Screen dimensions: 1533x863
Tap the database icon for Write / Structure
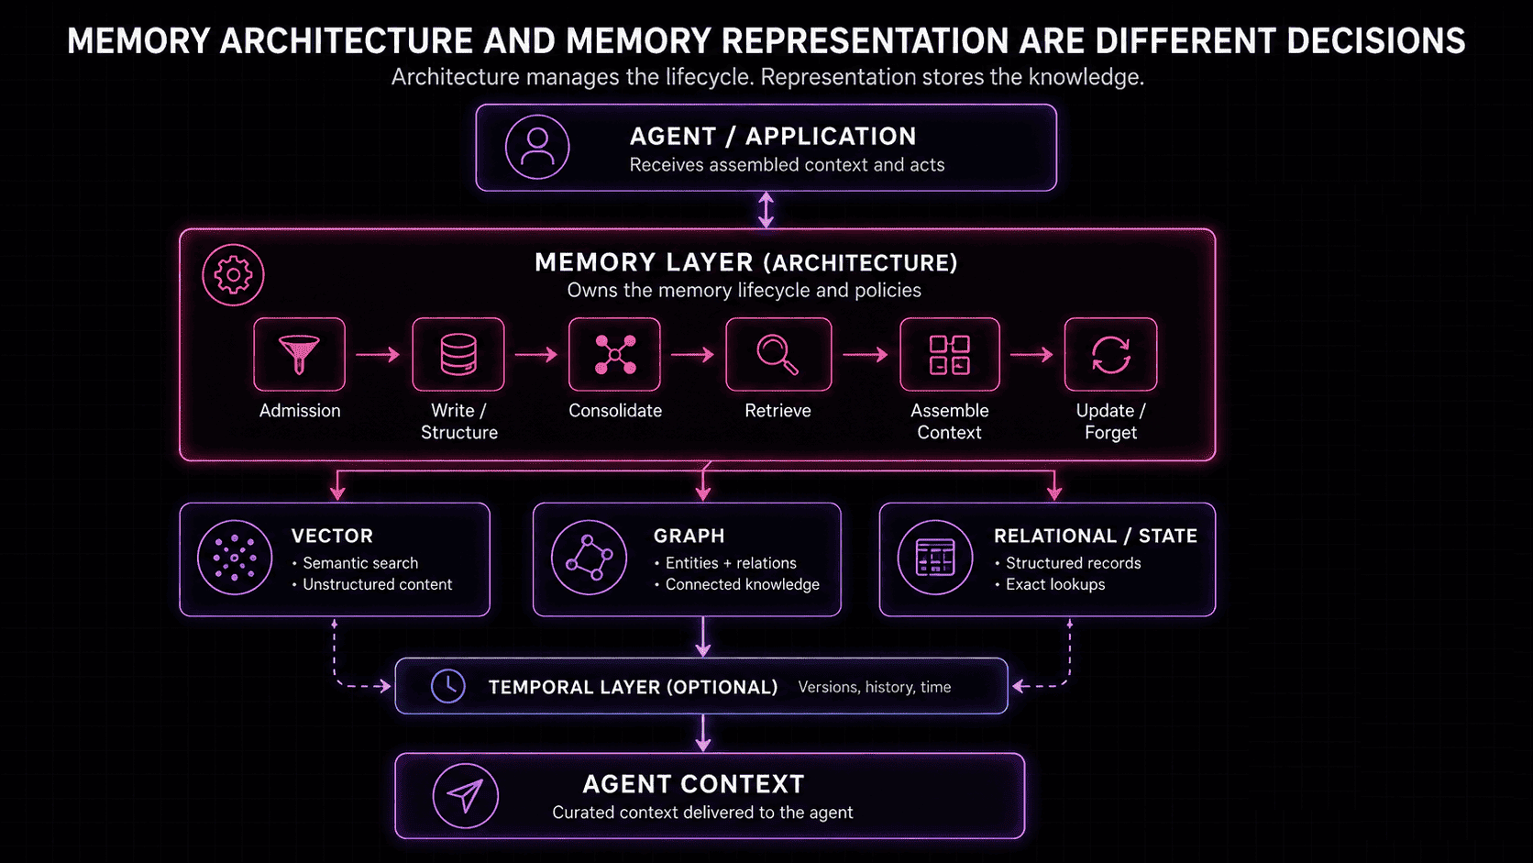tap(458, 354)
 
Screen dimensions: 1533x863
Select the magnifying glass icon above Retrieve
tap(778, 354)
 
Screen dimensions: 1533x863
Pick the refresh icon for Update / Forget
tap(1110, 354)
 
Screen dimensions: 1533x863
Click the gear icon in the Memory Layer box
tap(233, 275)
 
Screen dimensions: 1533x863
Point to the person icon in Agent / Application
tap(537, 147)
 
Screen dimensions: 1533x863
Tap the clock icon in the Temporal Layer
tap(448, 686)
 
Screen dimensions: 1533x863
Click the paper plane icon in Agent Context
tap(466, 796)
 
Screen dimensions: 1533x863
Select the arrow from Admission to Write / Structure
tap(378, 354)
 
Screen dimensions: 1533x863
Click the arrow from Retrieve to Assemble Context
tap(865, 354)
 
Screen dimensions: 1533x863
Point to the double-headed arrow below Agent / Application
tap(766, 209)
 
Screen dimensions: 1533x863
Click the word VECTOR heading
tap(332, 536)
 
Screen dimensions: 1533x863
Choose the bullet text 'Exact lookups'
tap(1054, 584)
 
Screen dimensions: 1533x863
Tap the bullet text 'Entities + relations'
tap(731, 563)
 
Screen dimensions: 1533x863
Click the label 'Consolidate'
tap(615, 411)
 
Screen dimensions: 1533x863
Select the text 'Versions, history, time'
tap(875, 687)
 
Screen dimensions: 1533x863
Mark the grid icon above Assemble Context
tap(949, 355)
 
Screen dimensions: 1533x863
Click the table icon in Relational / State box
tap(935, 558)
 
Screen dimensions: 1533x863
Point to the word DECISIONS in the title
tap(1375, 41)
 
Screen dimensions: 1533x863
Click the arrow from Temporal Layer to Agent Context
tap(703, 734)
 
